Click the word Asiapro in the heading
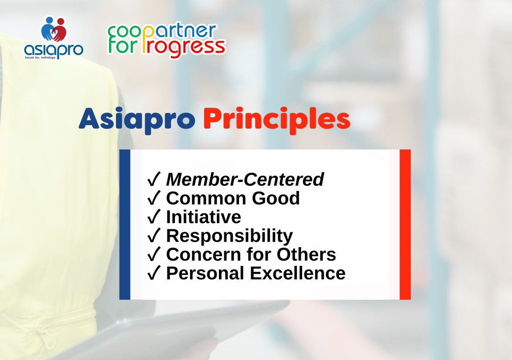(x=137, y=120)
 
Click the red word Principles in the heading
(x=276, y=120)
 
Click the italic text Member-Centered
(x=245, y=179)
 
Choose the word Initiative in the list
(x=204, y=217)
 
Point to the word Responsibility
(x=229, y=236)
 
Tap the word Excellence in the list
(x=297, y=273)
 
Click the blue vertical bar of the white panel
(x=125, y=224)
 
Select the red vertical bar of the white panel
(x=405, y=224)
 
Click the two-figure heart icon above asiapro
(x=54, y=29)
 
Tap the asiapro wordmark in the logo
(x=54, y=50)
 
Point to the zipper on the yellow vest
(x=46, y=336)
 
